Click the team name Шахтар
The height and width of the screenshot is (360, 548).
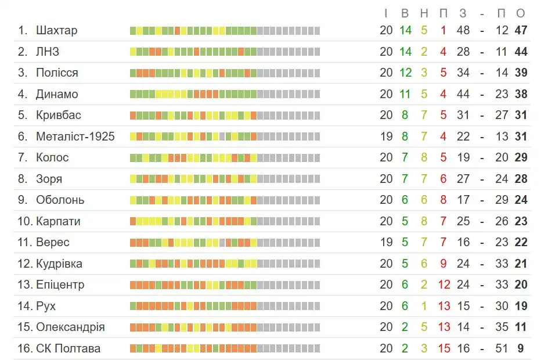coord(56,30)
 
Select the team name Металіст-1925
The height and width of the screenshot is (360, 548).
coord(75,136)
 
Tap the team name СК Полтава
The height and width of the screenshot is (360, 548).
coord(68,348)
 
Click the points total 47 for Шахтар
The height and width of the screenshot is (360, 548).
coord(521,30)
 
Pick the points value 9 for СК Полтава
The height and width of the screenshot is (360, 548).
coord(521,348)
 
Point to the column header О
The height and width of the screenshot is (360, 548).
coord(521,13)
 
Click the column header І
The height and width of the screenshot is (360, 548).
coord(386,13)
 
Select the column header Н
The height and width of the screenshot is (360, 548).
coord(424,13)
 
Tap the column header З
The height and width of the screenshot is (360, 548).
coord(463,13)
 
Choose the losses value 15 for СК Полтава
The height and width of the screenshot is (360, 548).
coord(444,348)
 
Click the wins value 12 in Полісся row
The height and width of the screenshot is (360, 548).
coord(405,73)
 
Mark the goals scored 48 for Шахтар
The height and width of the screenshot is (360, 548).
coord(463,30)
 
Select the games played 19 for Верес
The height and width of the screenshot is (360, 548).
coord(386,242)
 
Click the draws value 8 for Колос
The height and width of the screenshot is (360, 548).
coord(424,157)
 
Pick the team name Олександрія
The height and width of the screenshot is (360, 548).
coord(70,327)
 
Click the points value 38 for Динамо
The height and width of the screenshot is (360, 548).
coord(521,94)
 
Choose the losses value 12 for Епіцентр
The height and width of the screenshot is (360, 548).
coord(444,285)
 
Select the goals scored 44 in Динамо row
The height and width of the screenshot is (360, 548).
coord(463,94)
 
